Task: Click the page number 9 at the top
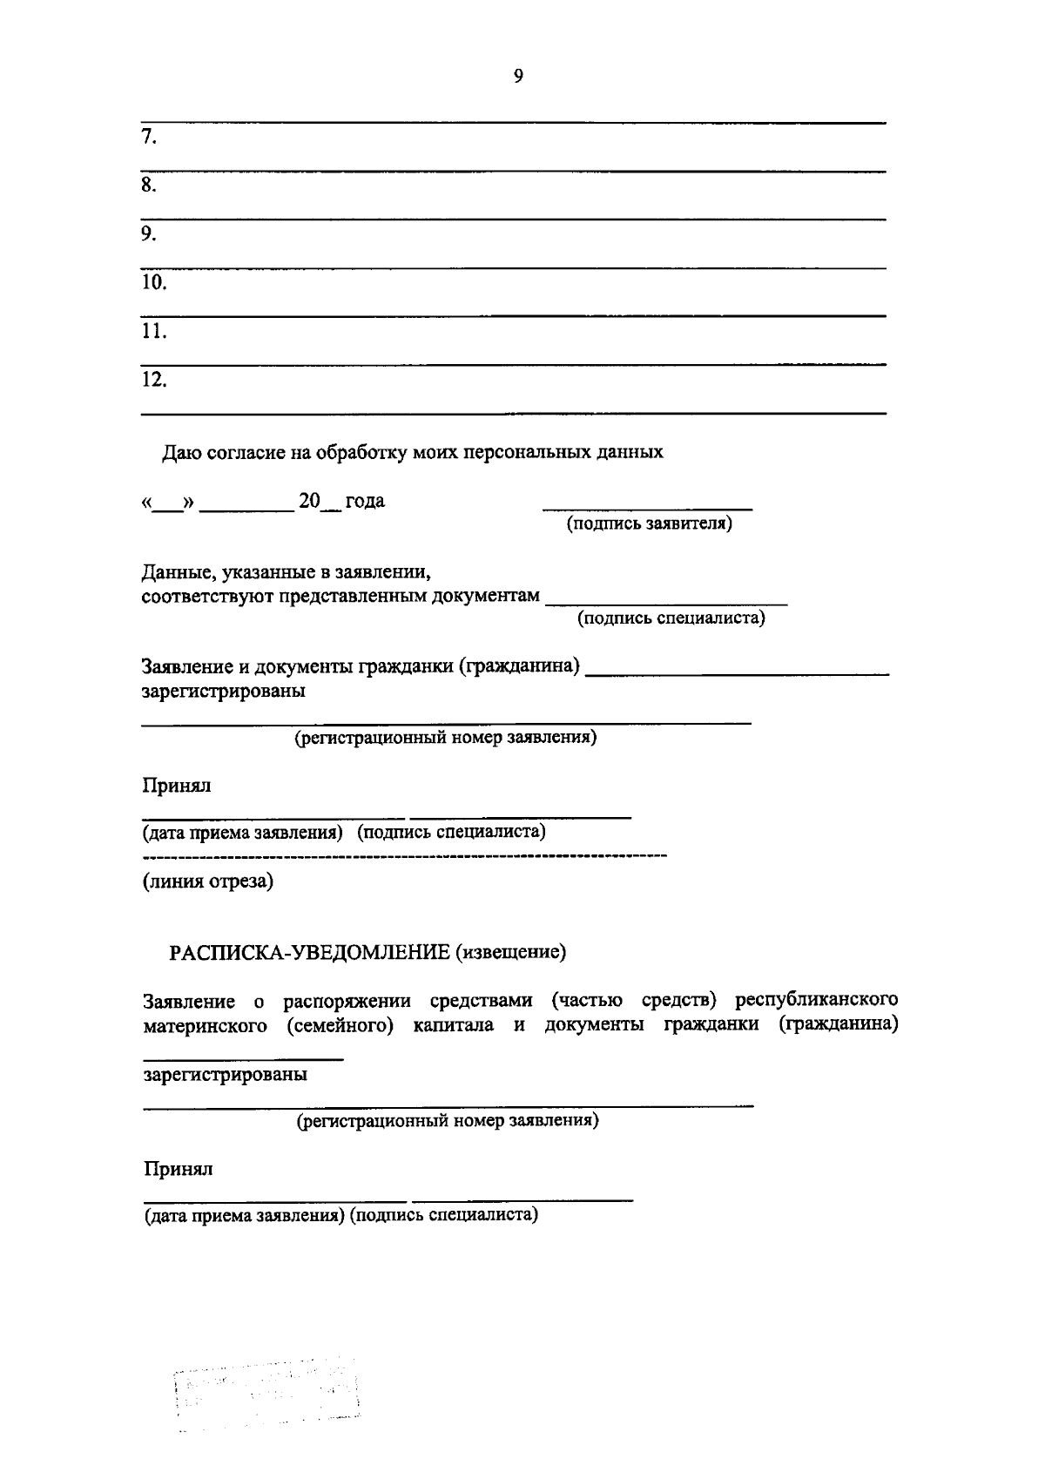point(518,76)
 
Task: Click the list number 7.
point(149,137)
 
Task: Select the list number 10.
point(154,282)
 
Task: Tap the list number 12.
point(154,379)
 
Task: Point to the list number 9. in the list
point(149,233)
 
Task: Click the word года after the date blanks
point(365,502)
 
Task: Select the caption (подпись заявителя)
point(649,524)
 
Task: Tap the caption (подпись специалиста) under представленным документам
point(671,618)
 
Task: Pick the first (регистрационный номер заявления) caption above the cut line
point(445,739)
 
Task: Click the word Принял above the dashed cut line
point(177,786)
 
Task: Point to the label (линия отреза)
point(208,881)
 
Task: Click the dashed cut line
point(405,857)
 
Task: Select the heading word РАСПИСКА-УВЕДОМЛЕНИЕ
point(308,952)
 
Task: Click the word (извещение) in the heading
point(509,952)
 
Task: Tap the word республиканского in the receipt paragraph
point(816,998)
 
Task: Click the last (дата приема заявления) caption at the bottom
point(240,1215)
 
